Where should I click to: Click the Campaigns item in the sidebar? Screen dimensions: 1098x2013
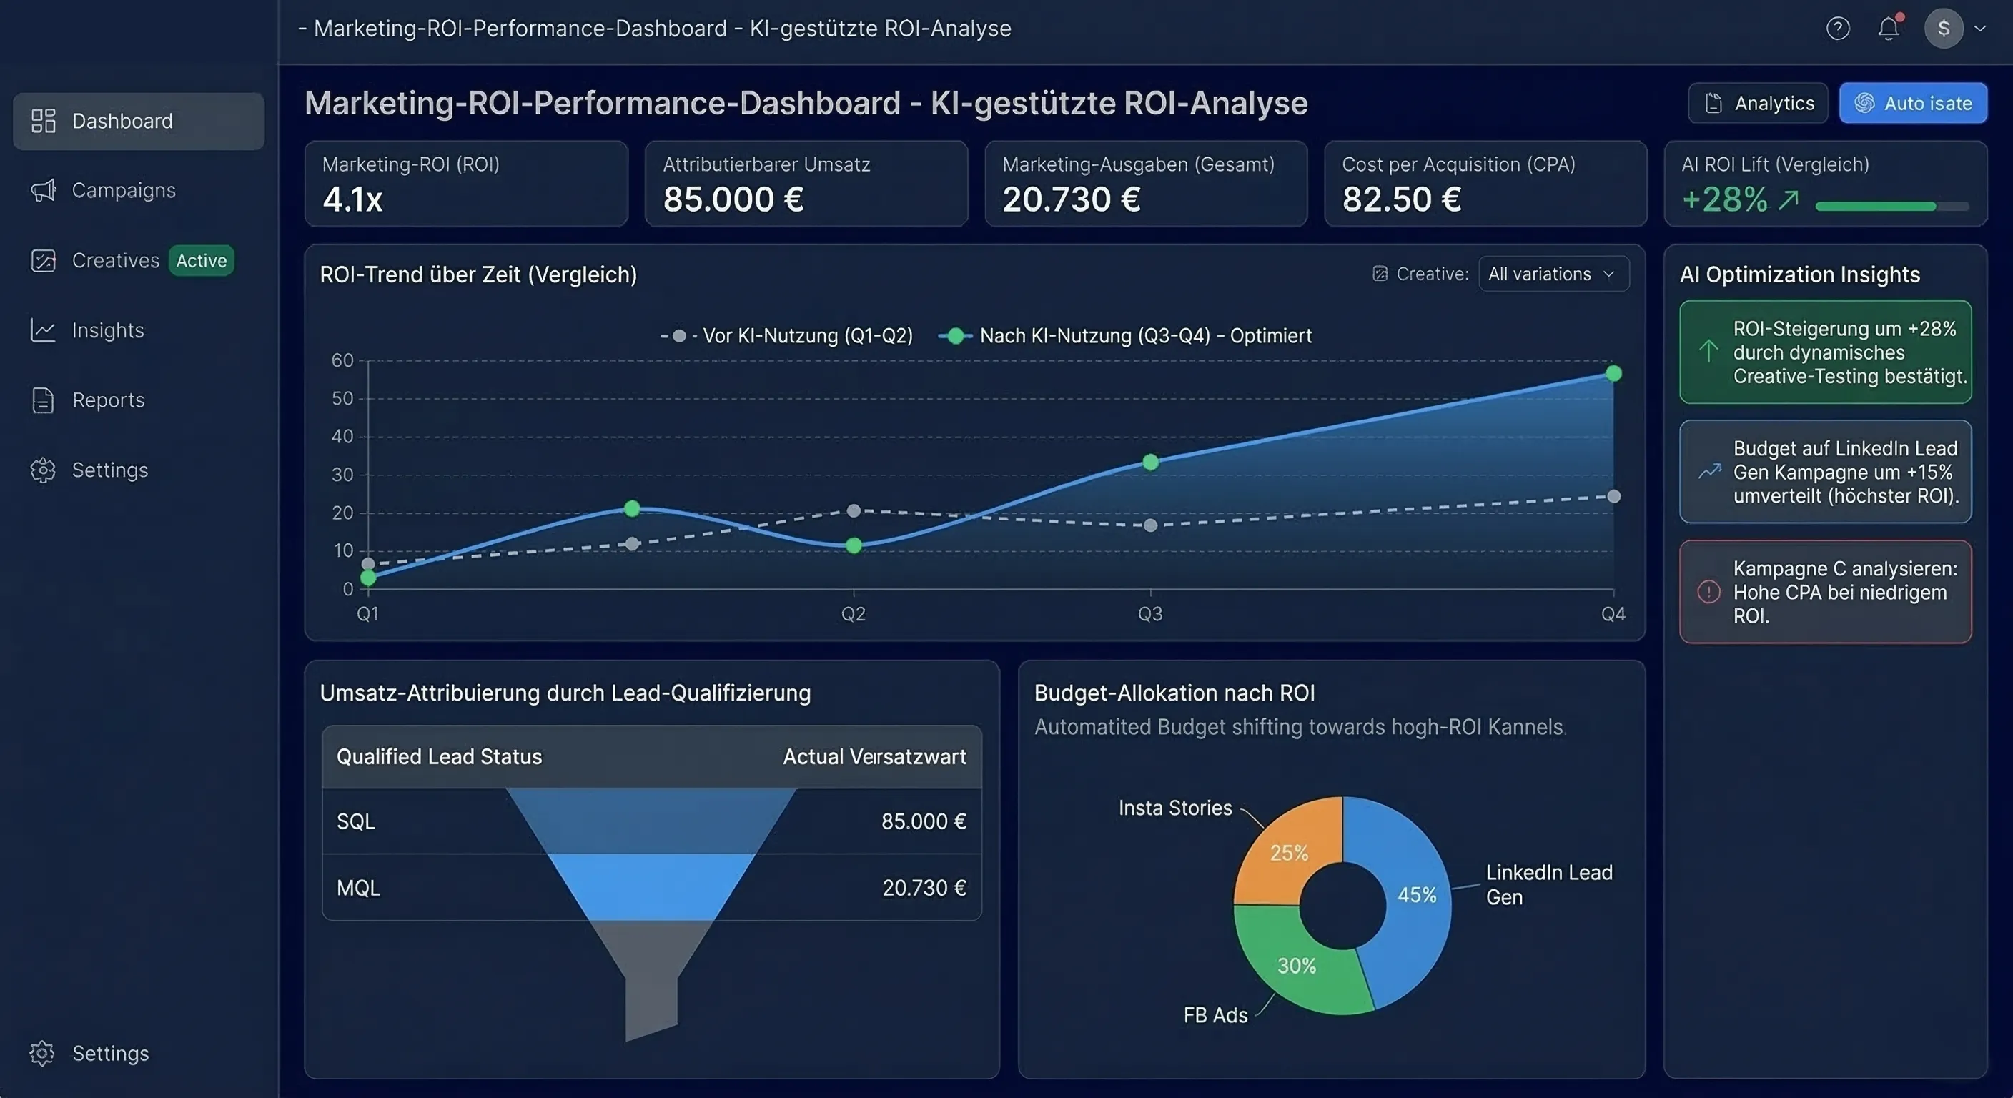[123, 191]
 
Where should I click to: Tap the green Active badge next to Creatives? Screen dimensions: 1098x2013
[201, 260]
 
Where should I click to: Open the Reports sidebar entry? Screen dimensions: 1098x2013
[108, 400]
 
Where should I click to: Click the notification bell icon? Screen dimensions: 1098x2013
[1888, 29]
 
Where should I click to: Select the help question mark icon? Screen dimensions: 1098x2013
[1837, 29]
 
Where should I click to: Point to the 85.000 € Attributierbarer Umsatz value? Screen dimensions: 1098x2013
[733, 199]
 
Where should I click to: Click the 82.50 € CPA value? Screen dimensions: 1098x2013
[1401, 199]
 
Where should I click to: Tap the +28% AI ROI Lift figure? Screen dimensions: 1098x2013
[1724, 200]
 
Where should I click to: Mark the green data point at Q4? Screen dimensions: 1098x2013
[1613, 374]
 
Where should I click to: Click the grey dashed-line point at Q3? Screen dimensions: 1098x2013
[1150, 525]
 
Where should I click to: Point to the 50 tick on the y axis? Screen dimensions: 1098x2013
[342, 399]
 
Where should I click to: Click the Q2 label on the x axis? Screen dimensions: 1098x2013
[854, 613]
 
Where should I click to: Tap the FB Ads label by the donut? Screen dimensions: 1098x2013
[1215, 1015]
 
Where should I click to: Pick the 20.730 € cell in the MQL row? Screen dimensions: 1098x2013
[924, 888]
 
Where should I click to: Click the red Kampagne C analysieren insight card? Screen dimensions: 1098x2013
[1825, 592]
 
